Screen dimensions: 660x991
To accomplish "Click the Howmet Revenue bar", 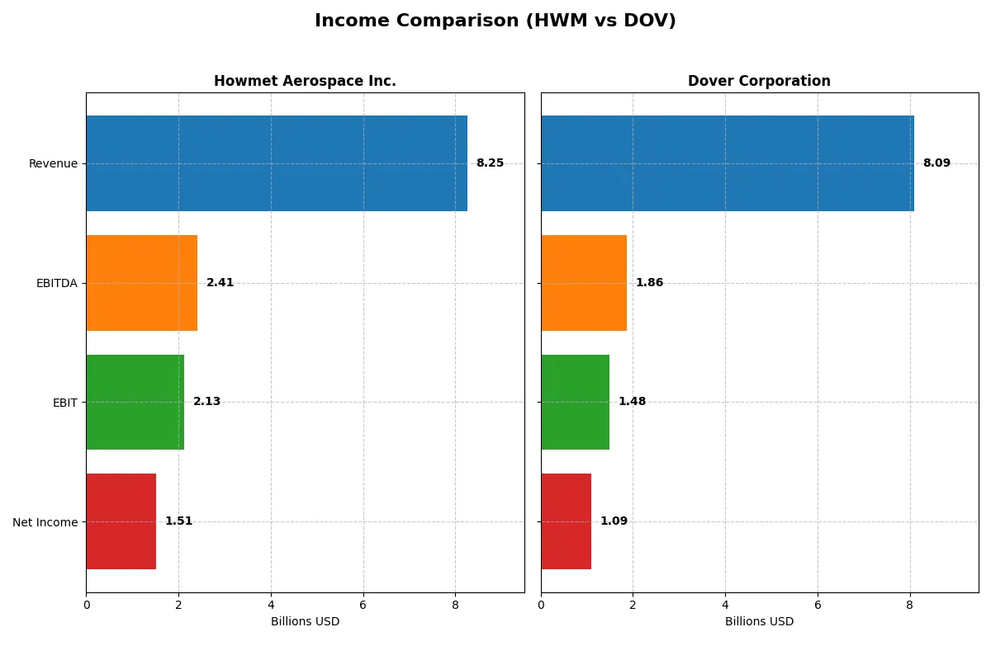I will pos(277,163).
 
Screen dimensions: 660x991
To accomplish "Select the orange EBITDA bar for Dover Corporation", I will pos(584,283).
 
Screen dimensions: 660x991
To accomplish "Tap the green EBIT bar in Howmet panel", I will pos(135,402).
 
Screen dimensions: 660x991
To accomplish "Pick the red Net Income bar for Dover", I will pos(567,521).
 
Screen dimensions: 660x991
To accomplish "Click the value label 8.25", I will pos(490,163).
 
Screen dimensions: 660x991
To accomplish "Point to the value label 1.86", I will pos(649,283).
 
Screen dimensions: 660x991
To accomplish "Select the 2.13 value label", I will pos(206,402).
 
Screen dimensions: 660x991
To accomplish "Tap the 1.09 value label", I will pos(614,521).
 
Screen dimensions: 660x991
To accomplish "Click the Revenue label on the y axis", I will pos(53,163).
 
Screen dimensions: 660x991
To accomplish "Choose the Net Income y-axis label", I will pos(45,522).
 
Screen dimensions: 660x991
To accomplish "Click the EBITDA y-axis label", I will pos(56,283).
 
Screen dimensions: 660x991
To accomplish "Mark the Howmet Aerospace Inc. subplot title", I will pos(305,82).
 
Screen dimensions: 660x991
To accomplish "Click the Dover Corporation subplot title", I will pos(759,82).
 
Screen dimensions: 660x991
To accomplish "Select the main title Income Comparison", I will pos(495,21).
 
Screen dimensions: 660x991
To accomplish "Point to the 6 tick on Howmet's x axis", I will pos(363,605).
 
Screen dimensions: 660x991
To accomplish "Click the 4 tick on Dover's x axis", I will pos(725,605).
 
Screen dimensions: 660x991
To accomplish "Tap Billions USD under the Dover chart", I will pos(759,622).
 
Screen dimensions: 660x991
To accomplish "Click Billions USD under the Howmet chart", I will pos(305,622).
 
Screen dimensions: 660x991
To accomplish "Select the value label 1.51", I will pos(178,521).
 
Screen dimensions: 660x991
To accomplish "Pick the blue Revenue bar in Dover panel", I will pos(727,163).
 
